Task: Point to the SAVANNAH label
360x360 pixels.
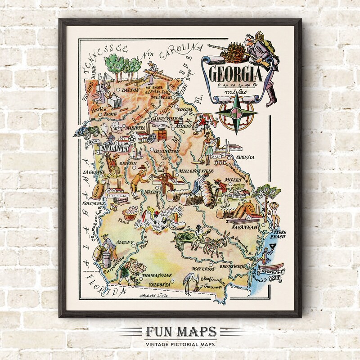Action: tap(244, 227)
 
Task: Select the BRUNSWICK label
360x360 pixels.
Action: tap(234, 266)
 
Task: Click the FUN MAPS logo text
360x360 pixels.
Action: tap(180, 332)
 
